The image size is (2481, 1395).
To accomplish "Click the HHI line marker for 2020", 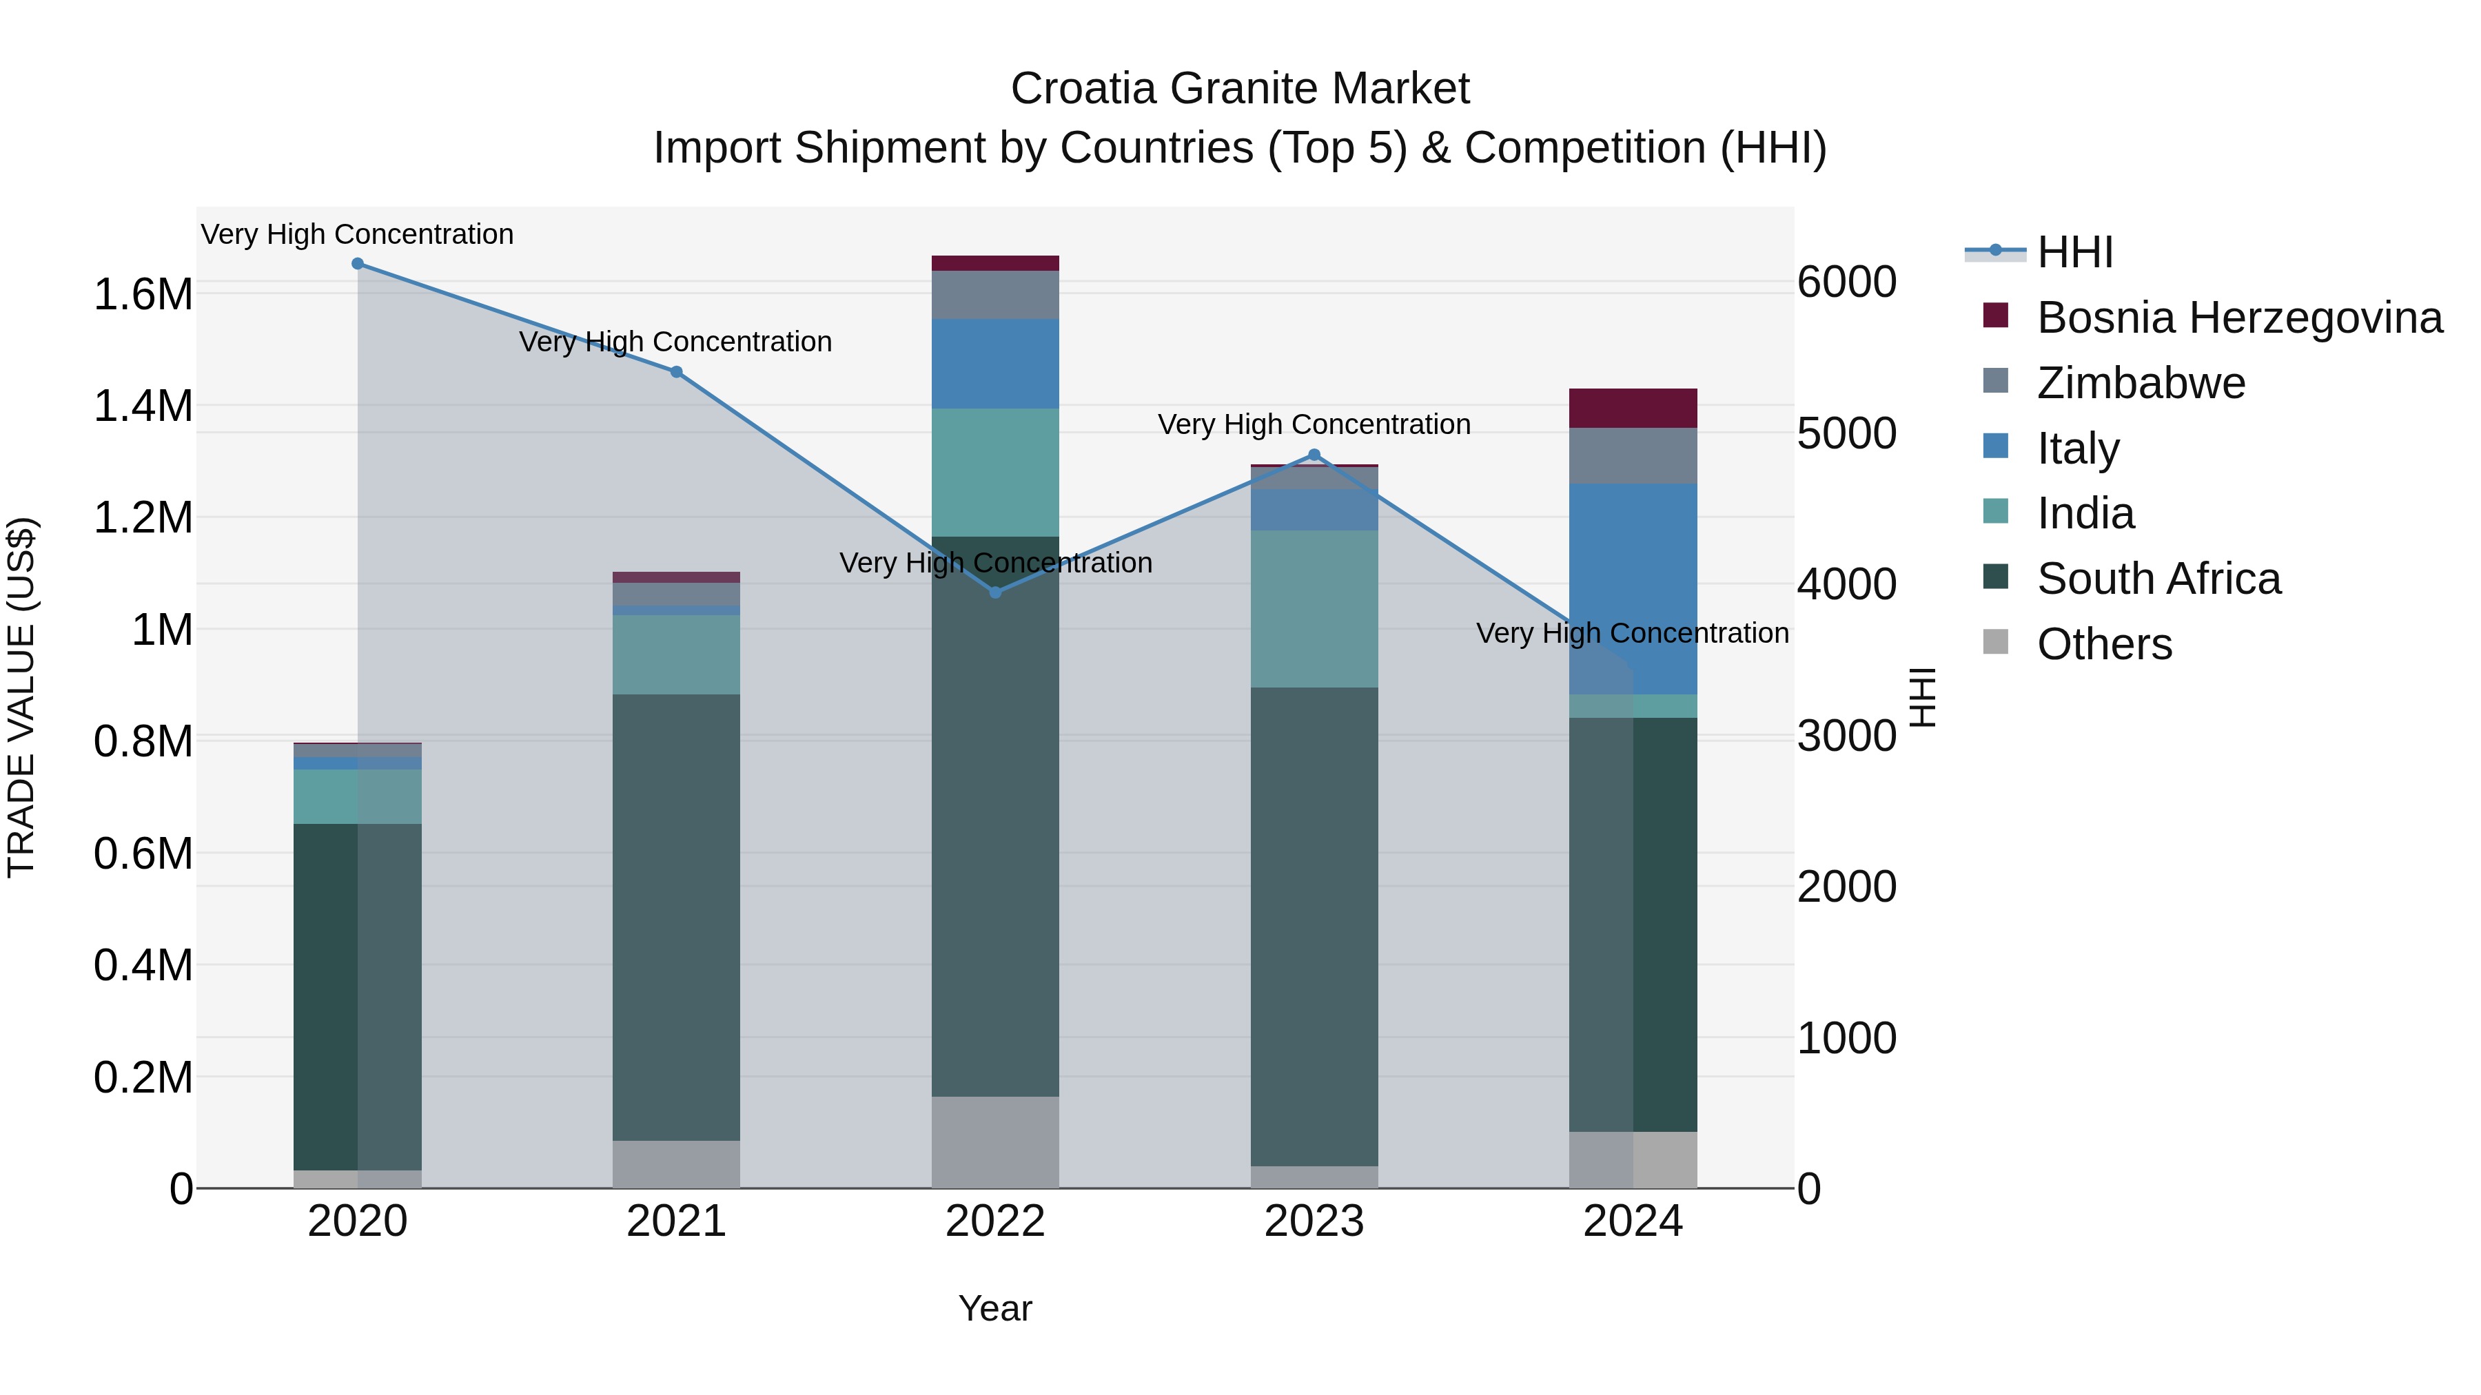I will tap(357, 264).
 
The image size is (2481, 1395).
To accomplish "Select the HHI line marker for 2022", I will tap(996, 592).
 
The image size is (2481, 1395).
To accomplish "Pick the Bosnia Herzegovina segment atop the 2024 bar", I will tap(1633, 409).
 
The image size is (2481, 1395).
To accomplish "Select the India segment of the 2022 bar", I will tap(996, 472).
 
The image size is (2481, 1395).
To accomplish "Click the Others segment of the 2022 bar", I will tap(996, 1141).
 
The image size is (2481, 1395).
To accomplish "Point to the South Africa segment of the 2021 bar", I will tap(676, 916).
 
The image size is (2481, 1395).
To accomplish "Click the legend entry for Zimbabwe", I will tap(2140, 383).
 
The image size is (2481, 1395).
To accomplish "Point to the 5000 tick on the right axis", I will tap(1846, 433).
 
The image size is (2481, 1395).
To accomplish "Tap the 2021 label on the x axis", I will tap(676, 1221).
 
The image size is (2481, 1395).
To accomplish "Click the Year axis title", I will tap(995, 1308).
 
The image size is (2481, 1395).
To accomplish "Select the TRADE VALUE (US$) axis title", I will tap(21, 697).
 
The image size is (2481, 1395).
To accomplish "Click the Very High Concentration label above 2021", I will tap(675, 342).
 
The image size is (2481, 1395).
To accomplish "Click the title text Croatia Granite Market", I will tap(1240, 89).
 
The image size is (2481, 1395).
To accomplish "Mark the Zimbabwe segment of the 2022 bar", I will tap(996, 295).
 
